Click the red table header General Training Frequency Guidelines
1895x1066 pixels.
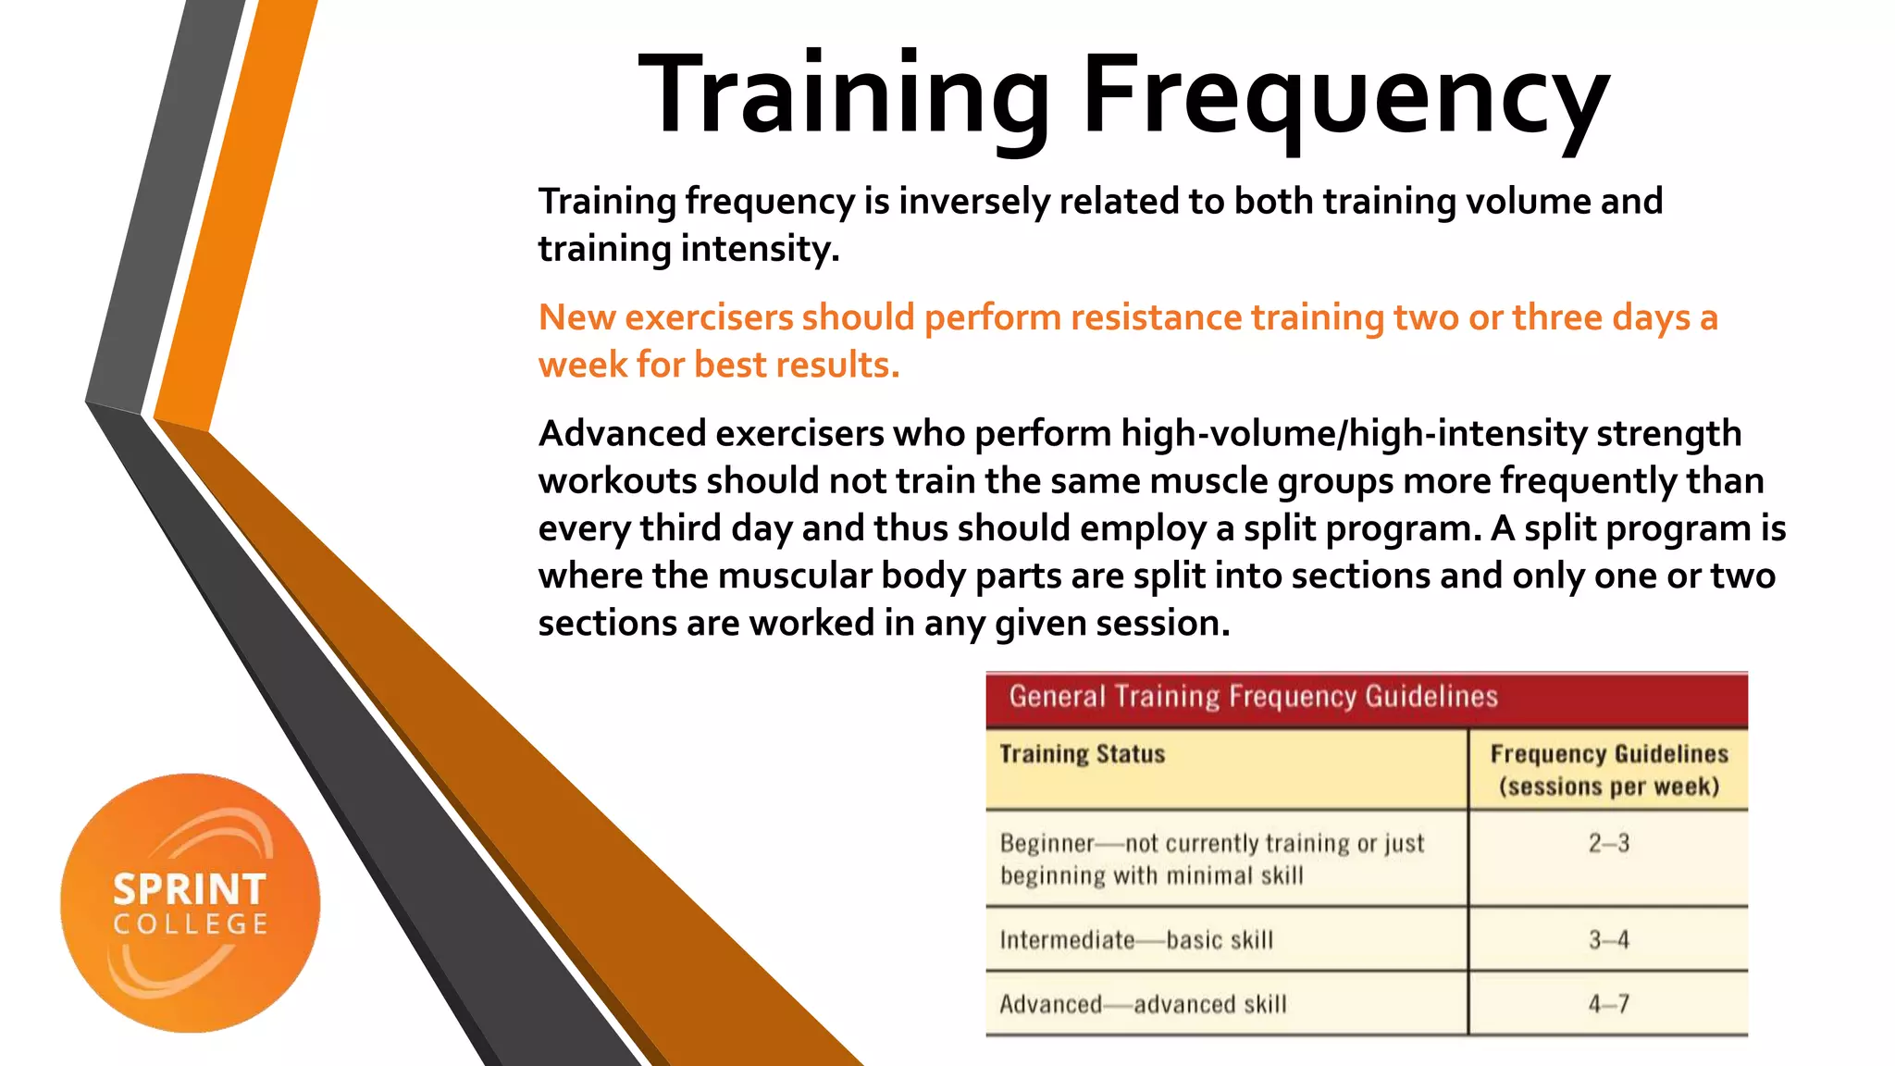point(1253,697)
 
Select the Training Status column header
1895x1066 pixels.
point(1082,754)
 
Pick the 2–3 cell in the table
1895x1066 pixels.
point(1608,843)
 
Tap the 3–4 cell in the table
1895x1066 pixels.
point(1608,940)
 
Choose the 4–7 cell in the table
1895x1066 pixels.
point(1608,1004)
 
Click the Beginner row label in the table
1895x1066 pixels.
point(1047,844)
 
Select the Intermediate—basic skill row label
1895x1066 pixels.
point(1136,940)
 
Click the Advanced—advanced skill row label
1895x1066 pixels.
point(1143,1004)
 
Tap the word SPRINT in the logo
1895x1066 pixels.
point(190,890)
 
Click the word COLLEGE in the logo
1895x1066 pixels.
point(191,924)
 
